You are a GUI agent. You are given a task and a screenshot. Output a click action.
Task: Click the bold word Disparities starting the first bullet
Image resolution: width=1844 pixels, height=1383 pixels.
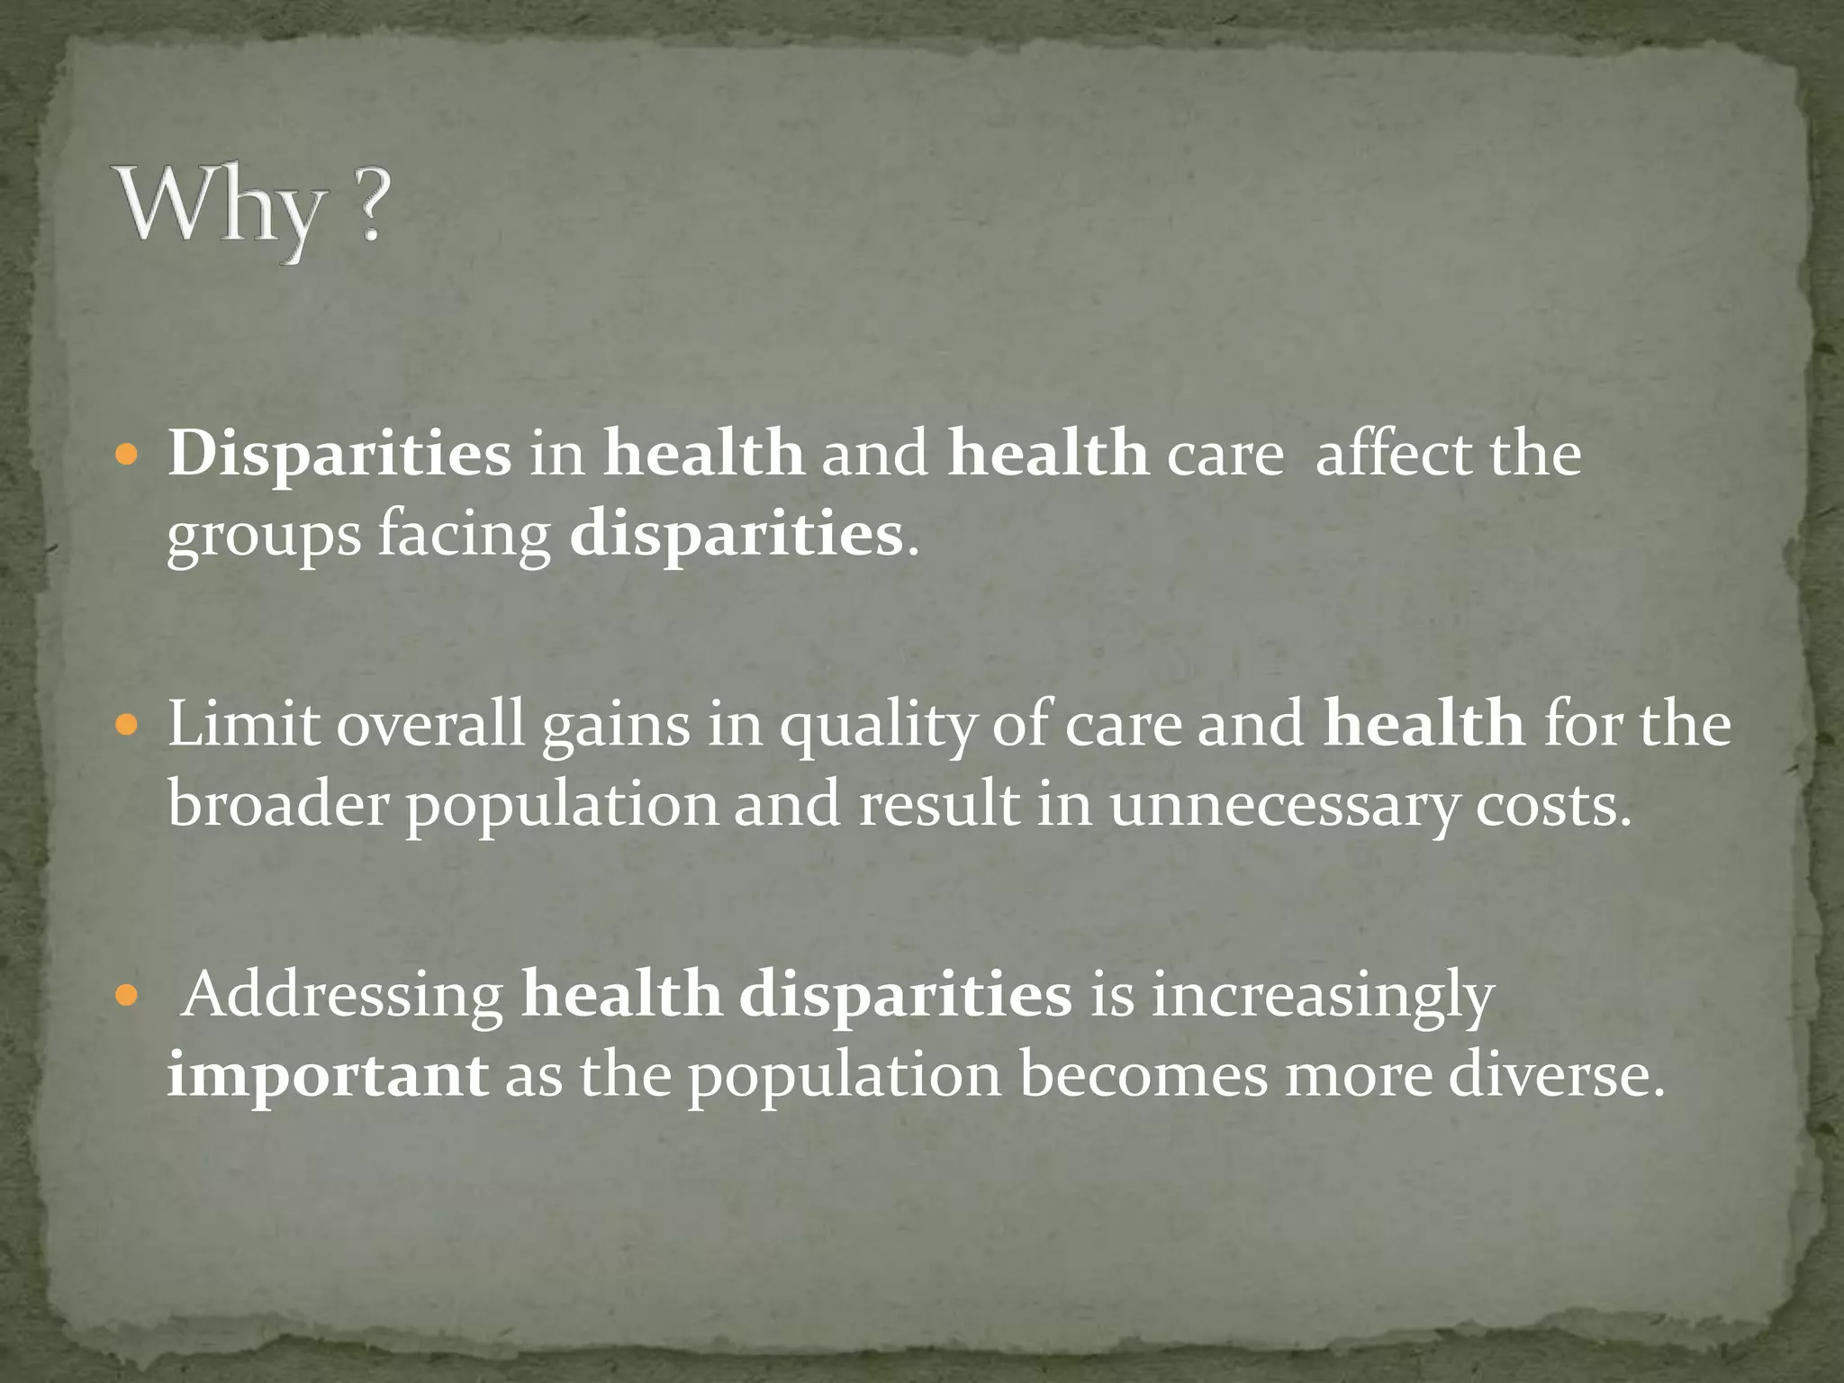click(x=339, y=453)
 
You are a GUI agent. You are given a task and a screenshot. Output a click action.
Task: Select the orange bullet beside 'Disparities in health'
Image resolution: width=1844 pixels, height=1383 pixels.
click(x=128, y=454)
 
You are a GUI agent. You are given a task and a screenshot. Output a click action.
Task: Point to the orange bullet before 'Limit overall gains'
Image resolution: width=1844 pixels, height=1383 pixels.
click(x=128, y=724)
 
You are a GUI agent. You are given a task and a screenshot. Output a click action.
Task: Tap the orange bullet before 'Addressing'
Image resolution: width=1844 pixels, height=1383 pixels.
click(x=128, y=995)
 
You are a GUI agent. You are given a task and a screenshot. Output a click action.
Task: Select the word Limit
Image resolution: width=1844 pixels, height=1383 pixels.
click(x=243, y=723)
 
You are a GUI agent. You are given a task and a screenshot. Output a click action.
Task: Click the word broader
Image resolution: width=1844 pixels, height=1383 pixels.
click(x=277, y=804)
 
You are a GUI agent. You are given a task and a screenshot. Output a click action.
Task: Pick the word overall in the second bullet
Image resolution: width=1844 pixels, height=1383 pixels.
click(x=430, y=723)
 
